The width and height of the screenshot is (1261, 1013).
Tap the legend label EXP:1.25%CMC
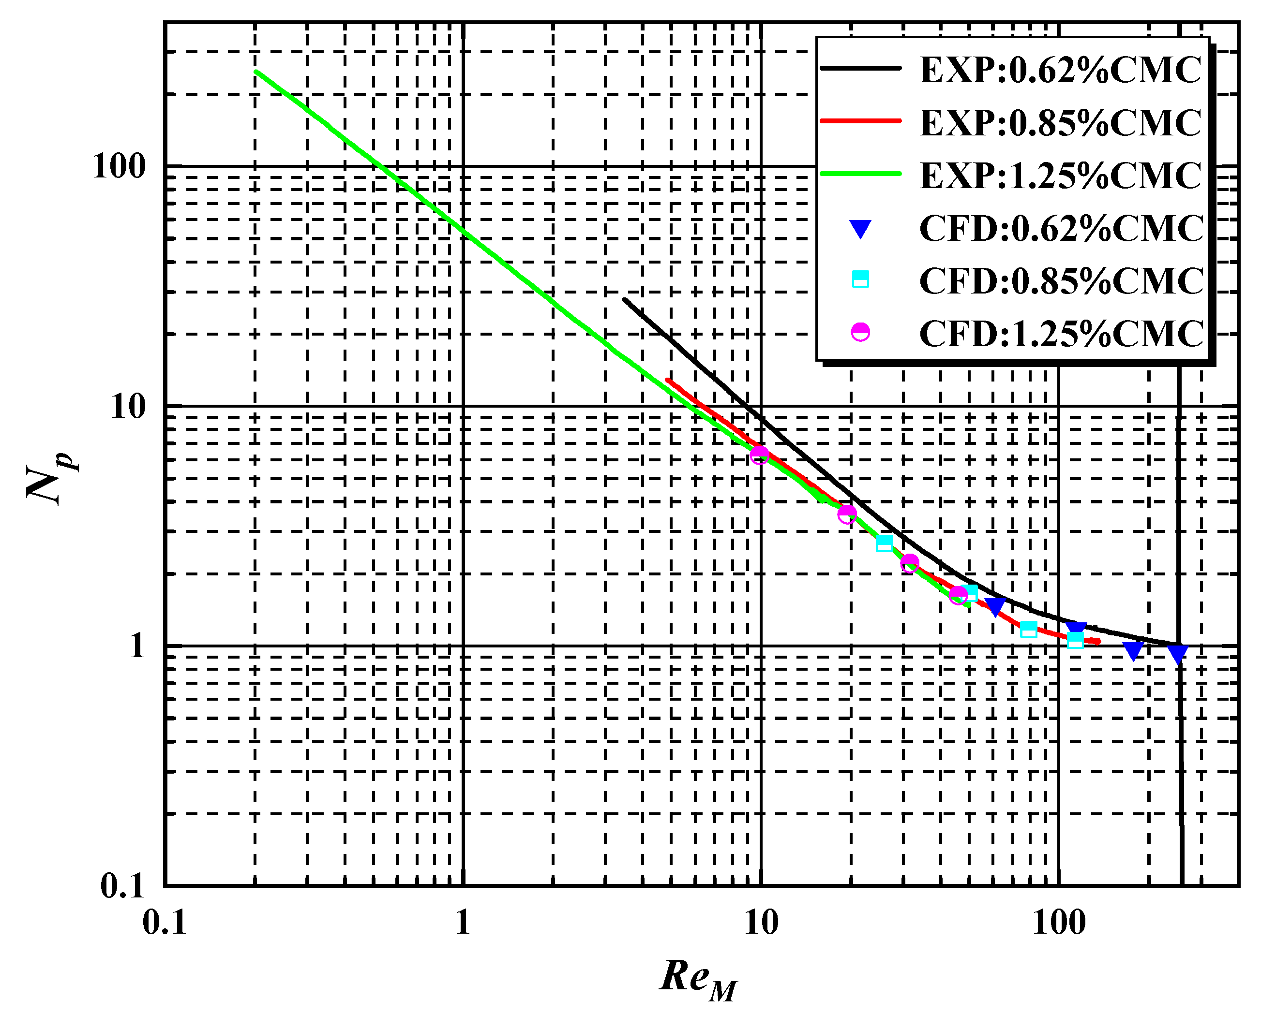1060,176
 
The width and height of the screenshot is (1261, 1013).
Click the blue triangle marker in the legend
860,229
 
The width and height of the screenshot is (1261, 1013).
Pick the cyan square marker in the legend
860,279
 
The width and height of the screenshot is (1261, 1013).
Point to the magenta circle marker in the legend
860,332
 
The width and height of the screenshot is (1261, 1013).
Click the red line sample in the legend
860,121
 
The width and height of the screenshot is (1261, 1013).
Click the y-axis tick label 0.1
122,887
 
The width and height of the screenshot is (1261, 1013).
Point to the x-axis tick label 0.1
165,923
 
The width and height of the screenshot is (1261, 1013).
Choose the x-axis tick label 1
463,923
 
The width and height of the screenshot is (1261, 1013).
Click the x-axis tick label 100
1059,923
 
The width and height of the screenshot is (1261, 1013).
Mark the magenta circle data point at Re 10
759,455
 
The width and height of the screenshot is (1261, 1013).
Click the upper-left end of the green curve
256,71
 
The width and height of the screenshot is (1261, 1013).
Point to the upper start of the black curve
624,299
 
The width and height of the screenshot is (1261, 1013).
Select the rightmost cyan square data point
1075,640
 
